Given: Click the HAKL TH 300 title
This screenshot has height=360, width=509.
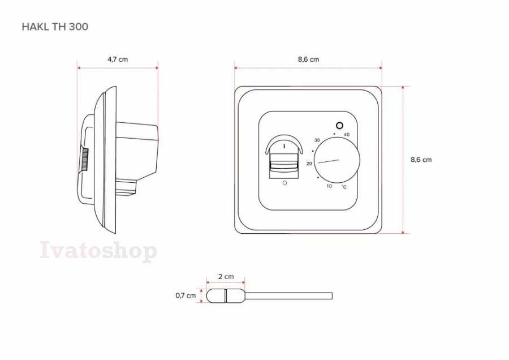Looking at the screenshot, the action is tap(55, 27).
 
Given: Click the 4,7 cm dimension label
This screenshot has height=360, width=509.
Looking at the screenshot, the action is tap(118, 59).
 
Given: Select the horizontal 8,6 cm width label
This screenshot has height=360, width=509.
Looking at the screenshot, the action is tap(308, 59).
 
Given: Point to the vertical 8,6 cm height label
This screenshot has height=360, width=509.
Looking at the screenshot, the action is tap(421, 160).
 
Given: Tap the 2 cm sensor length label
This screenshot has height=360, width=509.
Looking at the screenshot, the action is tap(226, 276).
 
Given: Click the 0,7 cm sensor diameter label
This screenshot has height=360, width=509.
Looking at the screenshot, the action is tap(186, 295).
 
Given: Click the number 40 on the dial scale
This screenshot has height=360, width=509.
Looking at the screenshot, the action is tap(346, 135).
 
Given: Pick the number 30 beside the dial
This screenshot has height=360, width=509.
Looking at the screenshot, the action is tap(317, 140).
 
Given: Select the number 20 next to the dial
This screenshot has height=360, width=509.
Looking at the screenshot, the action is tap(309, 164).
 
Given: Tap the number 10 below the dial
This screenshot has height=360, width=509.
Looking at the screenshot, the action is tap(329, 186).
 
